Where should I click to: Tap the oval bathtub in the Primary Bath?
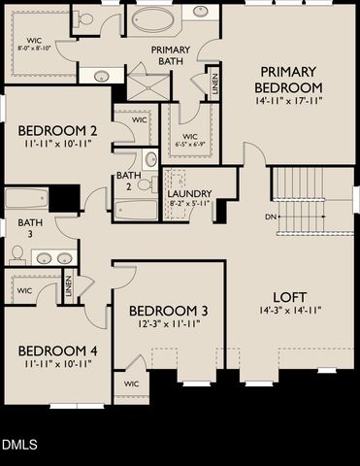[153, 19]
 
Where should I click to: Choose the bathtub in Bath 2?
[136, 209]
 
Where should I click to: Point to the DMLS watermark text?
[19, 445]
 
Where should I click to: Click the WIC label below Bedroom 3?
[132, 384]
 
